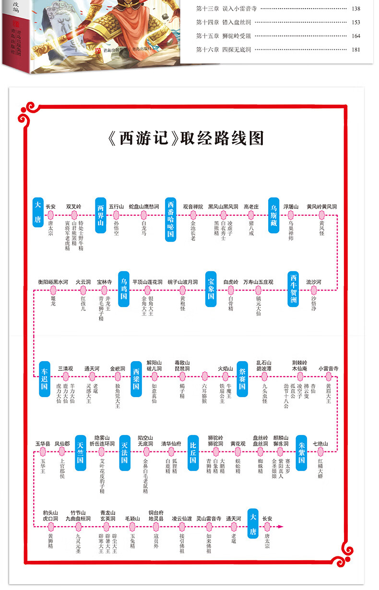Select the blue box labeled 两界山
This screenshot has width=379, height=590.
100,215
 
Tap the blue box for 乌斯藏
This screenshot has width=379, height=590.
273,215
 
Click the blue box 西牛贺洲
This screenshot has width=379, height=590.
294,289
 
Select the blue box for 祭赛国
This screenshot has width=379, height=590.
242,378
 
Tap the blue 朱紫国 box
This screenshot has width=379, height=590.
301,452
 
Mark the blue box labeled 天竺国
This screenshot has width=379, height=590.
81,452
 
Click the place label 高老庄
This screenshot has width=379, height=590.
251,207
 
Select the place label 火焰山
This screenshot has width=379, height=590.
225,369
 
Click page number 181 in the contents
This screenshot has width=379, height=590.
355,49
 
